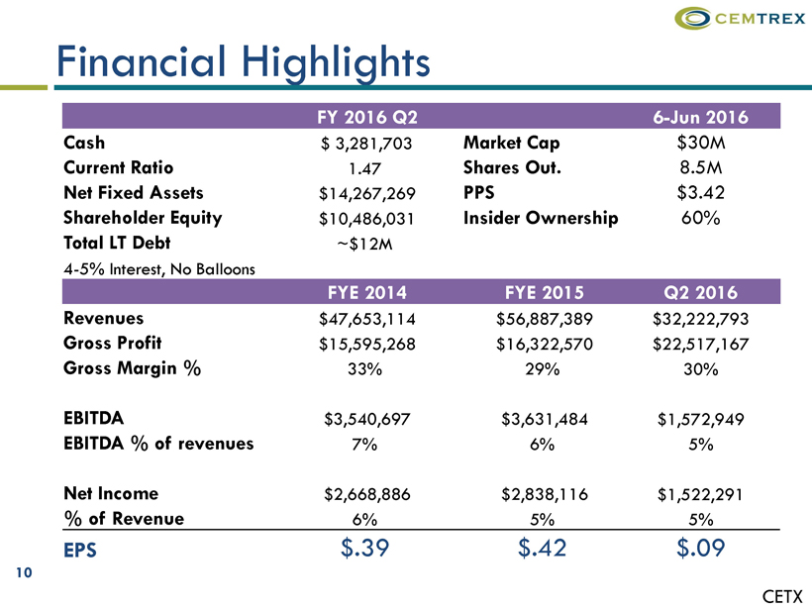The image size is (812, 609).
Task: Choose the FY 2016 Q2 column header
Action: click(x=365, y=118)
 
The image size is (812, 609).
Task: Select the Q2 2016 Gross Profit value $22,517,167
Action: click(x=700, y=344)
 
